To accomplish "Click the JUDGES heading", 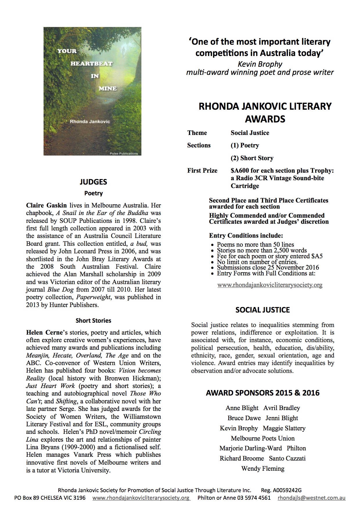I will coord(93,182).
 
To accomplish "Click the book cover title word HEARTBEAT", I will coord(91,64).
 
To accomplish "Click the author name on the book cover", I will coord(90,122).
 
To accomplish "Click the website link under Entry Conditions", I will coord(270,285).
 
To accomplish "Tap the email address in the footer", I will coord(312,498).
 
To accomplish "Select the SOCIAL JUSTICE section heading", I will coord(262,310).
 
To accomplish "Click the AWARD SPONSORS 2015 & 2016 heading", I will coord(262,393).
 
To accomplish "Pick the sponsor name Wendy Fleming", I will coord(262,468).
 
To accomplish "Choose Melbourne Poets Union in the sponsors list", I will coord(262,438).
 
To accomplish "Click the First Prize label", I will coord(202,171).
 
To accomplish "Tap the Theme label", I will coord(197,133).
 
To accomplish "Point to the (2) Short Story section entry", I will coord(252,158).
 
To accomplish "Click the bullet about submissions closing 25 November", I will coord(268,268).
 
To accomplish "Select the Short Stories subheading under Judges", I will coord(93,321).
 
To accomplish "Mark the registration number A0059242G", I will coord(287,490).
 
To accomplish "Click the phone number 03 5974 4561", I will coord(254,498).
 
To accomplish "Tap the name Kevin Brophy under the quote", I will coord(260,64).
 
